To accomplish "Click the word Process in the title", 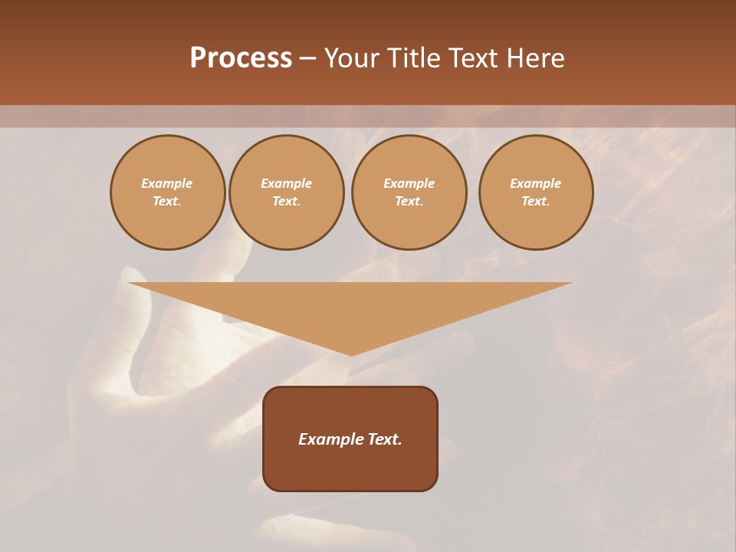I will pyautogui.click(x=241, y=58).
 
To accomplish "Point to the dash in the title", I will pyautogui.click(x=308, y=59).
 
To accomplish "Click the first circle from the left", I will pyautogui.click(x=168, y=192).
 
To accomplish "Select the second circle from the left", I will pyautogui.click(x=287, y=192).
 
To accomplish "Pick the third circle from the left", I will pyautogui.click(x=409, y=192).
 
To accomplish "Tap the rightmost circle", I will pyautogui.click(x=536, y=192).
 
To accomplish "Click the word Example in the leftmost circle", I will pyautogui.click(x=167, y=183).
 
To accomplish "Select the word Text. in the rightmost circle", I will pyautogui.click(x=536, y=202).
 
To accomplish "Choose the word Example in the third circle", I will pyautogui.click(x=409, y=183).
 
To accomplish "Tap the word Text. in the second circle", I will pyautogui.click(x=287, y=202).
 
